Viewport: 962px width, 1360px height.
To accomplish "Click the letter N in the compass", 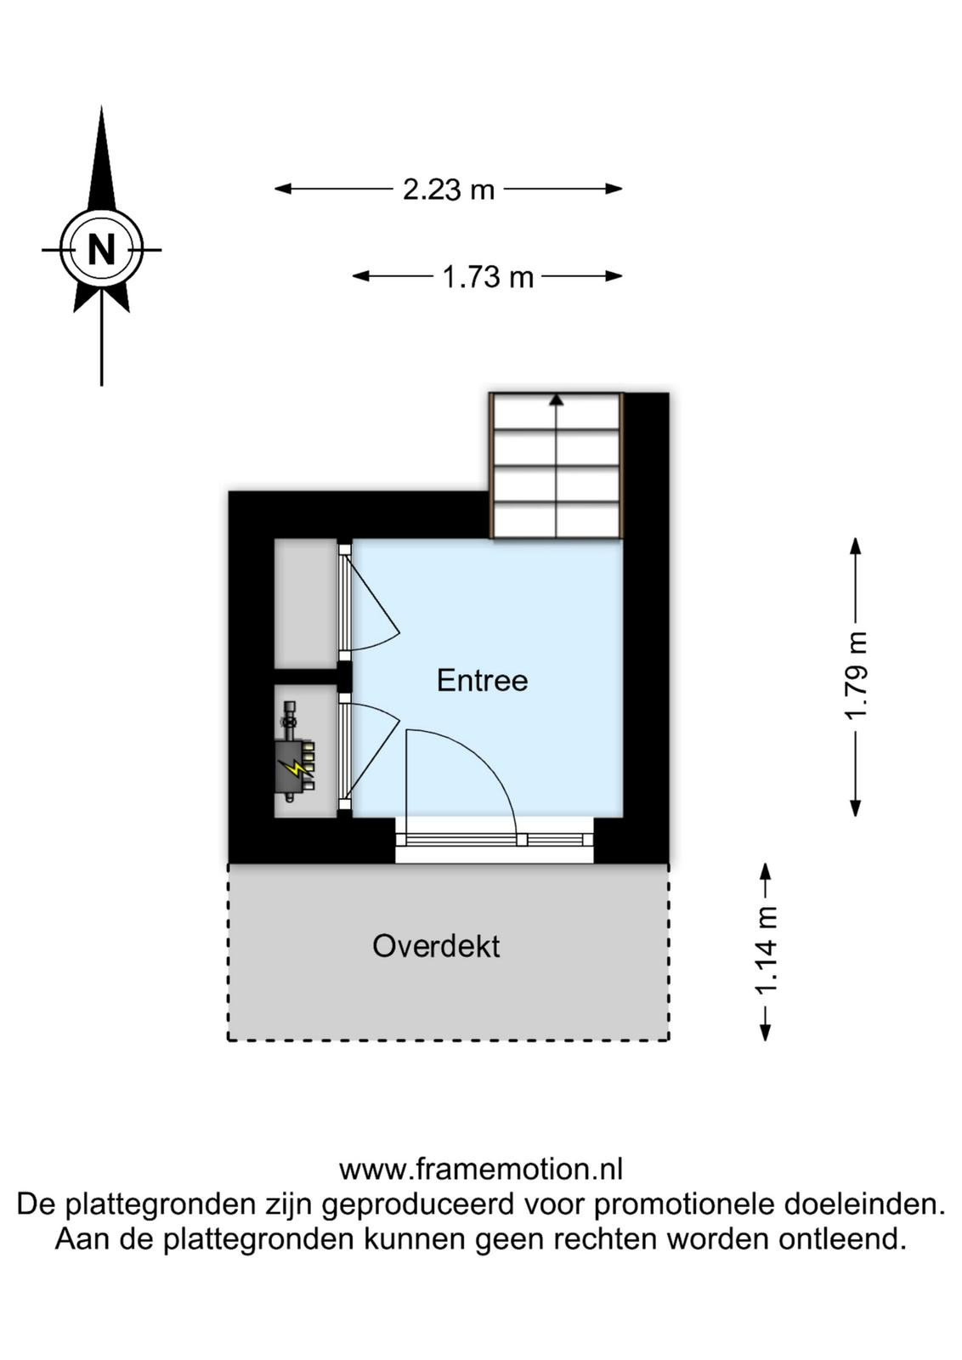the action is (101, 249).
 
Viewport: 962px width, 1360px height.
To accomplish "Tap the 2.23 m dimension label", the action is (450, 190).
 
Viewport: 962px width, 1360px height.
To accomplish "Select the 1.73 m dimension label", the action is (488, 277).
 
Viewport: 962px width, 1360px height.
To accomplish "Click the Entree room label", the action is (483, 680).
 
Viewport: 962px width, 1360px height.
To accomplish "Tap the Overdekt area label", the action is (437, 946).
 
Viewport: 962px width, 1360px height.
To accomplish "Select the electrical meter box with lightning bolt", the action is (295, 766).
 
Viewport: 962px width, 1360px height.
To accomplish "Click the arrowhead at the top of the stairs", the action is (557, 399).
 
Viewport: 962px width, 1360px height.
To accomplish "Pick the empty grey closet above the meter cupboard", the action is (305, 603).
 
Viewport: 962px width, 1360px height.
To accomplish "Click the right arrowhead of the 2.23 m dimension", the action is (614, 189).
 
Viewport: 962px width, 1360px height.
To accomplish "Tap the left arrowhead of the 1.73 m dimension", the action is (361, 276).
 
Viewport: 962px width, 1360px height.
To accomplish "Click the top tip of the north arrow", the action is (101, 107).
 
